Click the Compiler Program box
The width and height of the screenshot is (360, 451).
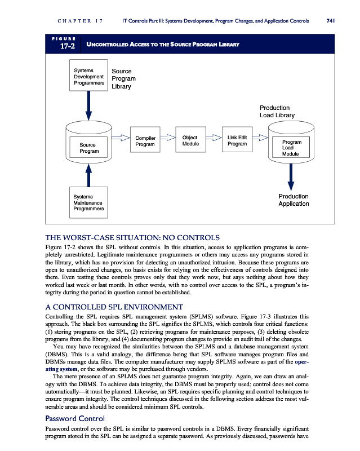[x=146, y=141]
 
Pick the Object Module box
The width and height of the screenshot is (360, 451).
[x=190, y=141]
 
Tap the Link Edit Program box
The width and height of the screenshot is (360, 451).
[x=237, y=141]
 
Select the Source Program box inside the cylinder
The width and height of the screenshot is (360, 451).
[x=88, y=148]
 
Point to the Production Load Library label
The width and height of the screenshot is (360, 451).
[x=277, y=112]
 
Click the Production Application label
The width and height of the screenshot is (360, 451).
[x=294, y=200]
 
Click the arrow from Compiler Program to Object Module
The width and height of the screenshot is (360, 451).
[x=168, y=137]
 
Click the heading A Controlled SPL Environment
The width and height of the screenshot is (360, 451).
[x=113, y=307]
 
